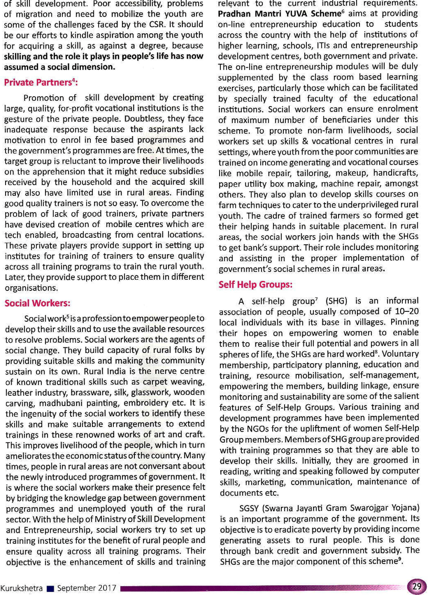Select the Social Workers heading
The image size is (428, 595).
point(37,303)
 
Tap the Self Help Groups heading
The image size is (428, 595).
point(256,284)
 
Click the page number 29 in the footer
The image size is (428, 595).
point(416,586)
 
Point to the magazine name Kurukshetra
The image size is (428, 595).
point(21,588)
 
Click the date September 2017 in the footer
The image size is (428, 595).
point(86,588)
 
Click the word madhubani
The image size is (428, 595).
point(60,403)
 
